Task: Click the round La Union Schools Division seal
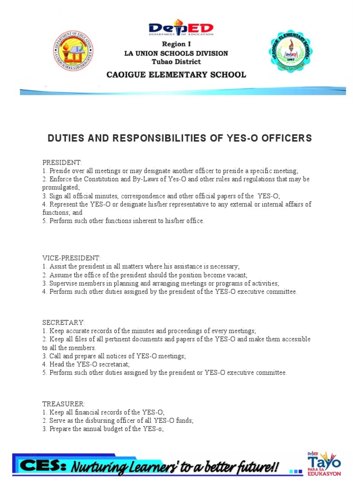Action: tap(73, 52)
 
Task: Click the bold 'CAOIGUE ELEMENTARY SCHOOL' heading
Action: tap(176, 75)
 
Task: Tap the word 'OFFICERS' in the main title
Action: tap(286, 138)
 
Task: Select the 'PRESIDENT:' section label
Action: tap(62, 163)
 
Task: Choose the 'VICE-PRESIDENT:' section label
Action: tap(71, 258)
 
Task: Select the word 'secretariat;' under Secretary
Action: tap(112, 364)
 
